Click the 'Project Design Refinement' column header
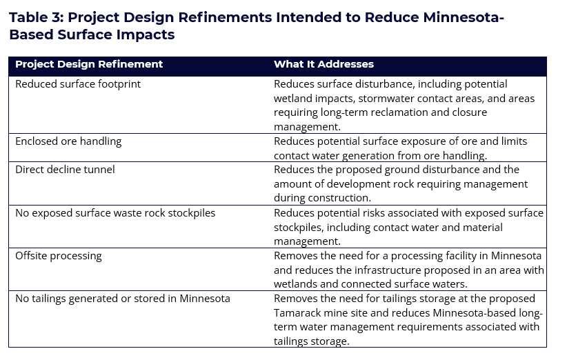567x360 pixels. coord(89,64)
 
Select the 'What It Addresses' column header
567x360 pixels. coord(324,64)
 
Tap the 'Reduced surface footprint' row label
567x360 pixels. coord(78,84)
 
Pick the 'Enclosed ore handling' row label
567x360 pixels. coord(68,141)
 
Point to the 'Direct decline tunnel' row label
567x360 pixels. coord(65,170)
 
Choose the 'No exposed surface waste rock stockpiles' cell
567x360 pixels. coord(115,213)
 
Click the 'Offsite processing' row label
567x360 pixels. coord(58,256)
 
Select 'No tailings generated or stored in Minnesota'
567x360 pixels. coord(123,299)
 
